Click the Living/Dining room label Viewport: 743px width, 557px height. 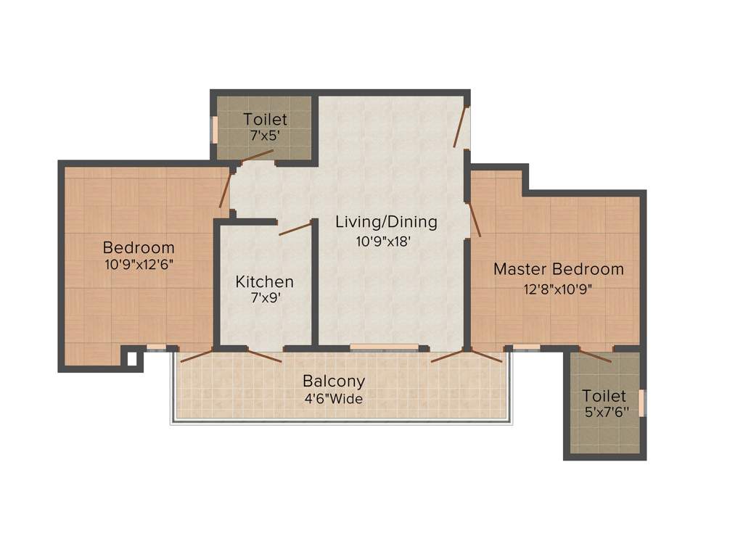click(386, 222)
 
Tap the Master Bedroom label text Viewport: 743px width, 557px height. click(558, 269)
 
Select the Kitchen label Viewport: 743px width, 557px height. click(265, 281)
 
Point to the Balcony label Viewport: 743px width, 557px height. click(334, 381)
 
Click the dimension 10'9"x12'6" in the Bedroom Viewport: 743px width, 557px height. click(139, 265)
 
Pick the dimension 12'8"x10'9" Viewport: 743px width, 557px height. click(558, 288)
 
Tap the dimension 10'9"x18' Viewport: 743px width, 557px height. click(384, 242)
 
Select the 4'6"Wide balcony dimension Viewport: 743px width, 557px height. click(333, 398)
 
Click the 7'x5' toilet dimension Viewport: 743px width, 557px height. click(265, 136)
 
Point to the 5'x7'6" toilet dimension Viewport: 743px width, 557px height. click(604, 411)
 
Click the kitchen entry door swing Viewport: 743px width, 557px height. click(295, 229)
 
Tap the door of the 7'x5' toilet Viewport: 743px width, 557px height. click(257, 155)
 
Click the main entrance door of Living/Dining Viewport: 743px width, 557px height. click(460, 125)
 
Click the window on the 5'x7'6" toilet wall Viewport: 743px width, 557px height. click(641, 403)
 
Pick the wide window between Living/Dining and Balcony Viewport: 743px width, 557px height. click(384, 347)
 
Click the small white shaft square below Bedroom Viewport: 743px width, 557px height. click(131, 358)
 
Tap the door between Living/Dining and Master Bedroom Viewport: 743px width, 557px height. click(475, 220)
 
